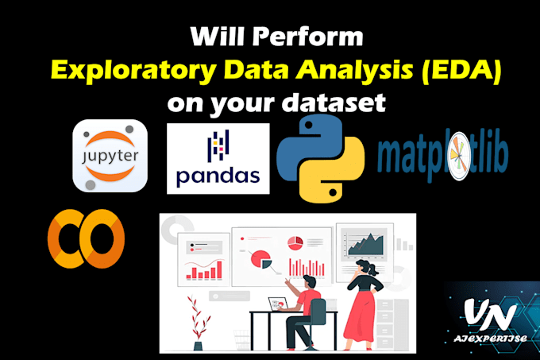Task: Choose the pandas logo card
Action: [x=218, y=159]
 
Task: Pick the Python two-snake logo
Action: [x=322, y=160]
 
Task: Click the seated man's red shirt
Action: [x=310, y=303]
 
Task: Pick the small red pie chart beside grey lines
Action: [x=295, y=240]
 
